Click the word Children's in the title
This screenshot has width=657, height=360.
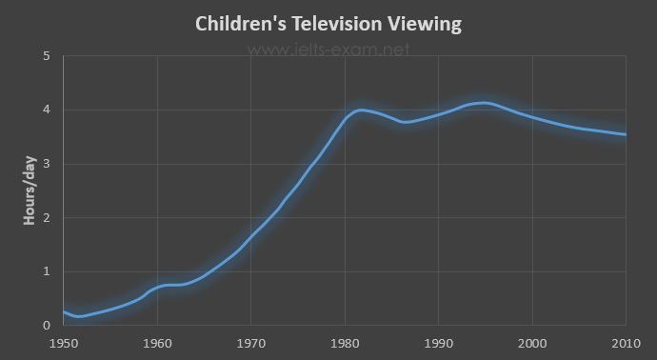coord(241,24)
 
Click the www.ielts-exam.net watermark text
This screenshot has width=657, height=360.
coord(328,50)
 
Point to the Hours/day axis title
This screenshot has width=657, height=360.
coord(30,190)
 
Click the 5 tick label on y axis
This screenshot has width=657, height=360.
coord(46,56)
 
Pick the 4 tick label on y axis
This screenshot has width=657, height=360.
coord(46,110)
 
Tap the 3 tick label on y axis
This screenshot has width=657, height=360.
coord(46,164)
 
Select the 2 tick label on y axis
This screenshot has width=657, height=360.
coord(46,217)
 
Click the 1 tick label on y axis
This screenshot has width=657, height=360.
coord(46,271)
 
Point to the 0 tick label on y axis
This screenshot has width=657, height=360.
coord(46,325)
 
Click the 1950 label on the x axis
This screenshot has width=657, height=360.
coord(64,344)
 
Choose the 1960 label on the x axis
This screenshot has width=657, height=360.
coord(157,344)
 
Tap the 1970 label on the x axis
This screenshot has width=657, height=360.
coord(251,344)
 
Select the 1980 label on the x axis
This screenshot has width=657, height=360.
coord(345,344)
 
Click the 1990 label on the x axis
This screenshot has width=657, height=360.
coord(439,344)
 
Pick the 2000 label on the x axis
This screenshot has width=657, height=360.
coord(532,344)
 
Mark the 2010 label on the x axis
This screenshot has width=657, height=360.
coord(626,344)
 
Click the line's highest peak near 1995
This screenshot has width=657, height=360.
coord(484,103)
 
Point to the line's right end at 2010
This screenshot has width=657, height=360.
coord(626,134)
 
